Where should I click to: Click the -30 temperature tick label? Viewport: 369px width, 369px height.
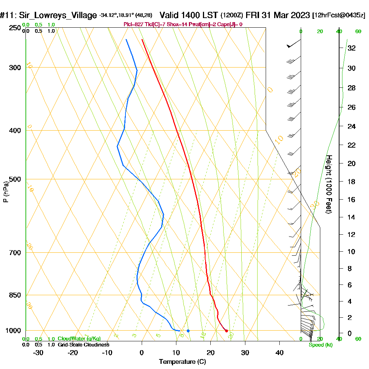[38, 352]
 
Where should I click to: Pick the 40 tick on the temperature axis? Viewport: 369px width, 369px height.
[280, 352]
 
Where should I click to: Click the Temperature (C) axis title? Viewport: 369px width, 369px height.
[182, 362]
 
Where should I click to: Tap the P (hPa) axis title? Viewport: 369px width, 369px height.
[6, 192]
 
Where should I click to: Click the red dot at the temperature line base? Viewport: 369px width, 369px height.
[227, 331]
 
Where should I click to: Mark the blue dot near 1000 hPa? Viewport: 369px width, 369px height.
[188, 331]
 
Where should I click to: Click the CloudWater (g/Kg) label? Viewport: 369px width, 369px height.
[79, 339]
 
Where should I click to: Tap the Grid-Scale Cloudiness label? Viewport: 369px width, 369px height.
[83, 345]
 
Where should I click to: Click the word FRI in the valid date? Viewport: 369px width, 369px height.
[253, 15]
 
